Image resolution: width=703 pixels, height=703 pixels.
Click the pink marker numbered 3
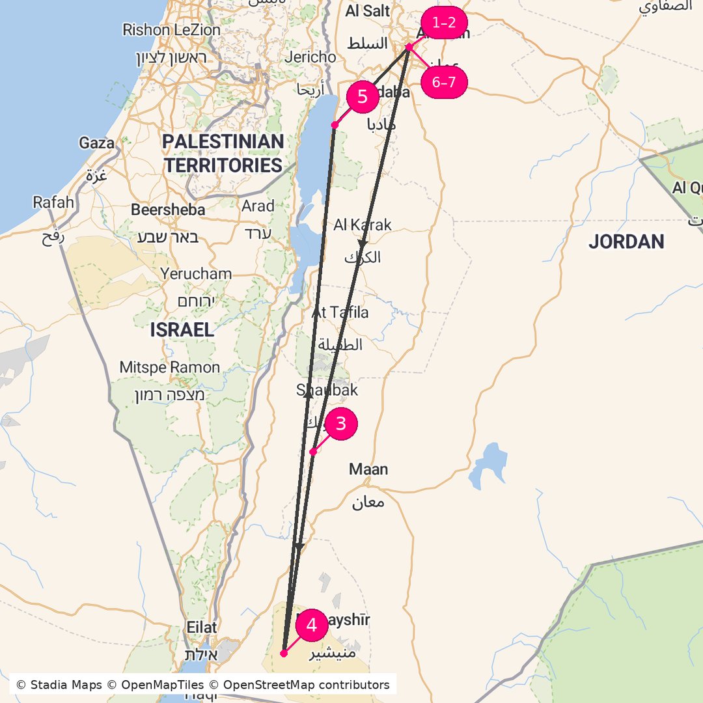(340, 424)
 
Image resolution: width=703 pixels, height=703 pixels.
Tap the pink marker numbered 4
(312, 626)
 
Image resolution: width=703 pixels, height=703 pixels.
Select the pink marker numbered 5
(363, 97)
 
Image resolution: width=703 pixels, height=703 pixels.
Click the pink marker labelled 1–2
(445, 23)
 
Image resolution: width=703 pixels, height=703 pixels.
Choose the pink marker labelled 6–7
(445, 83)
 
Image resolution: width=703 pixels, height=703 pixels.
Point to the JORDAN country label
(626, 242)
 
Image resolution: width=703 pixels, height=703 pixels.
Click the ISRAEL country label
(182, 330)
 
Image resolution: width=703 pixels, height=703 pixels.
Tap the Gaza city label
(96, 143)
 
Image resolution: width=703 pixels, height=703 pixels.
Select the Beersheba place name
(168, 210)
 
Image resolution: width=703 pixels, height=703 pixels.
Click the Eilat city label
(201, 627)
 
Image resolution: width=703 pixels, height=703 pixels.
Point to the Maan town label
(368, 469)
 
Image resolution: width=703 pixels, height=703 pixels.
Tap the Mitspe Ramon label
(170, 368)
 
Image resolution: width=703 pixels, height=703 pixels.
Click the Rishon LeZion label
(172, 30)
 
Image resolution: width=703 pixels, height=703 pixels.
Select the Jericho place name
(310, 57)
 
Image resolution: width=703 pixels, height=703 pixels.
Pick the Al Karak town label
(363, 225)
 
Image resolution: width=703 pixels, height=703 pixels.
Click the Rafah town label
(53, 202)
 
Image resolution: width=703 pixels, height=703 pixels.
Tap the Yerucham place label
(196, 274)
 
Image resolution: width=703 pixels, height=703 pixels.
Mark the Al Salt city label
(368, 11)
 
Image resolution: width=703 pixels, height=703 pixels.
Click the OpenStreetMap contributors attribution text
(307, 685)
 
